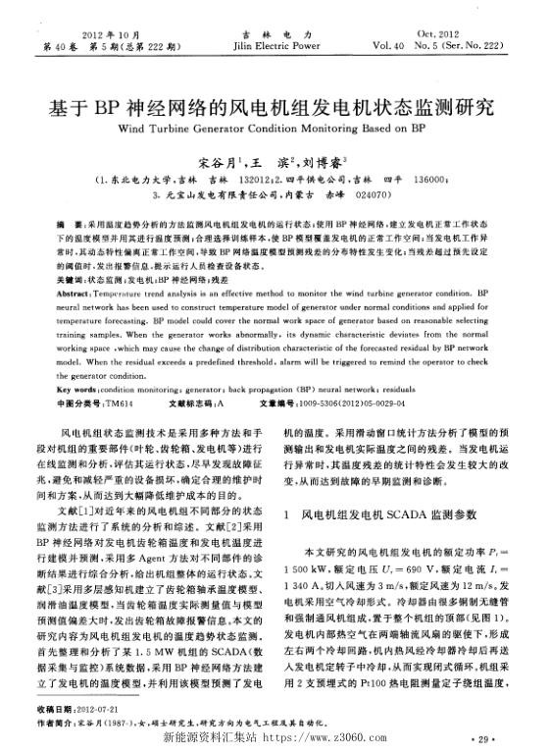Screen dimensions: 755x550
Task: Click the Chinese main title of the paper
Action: point(275,106)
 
